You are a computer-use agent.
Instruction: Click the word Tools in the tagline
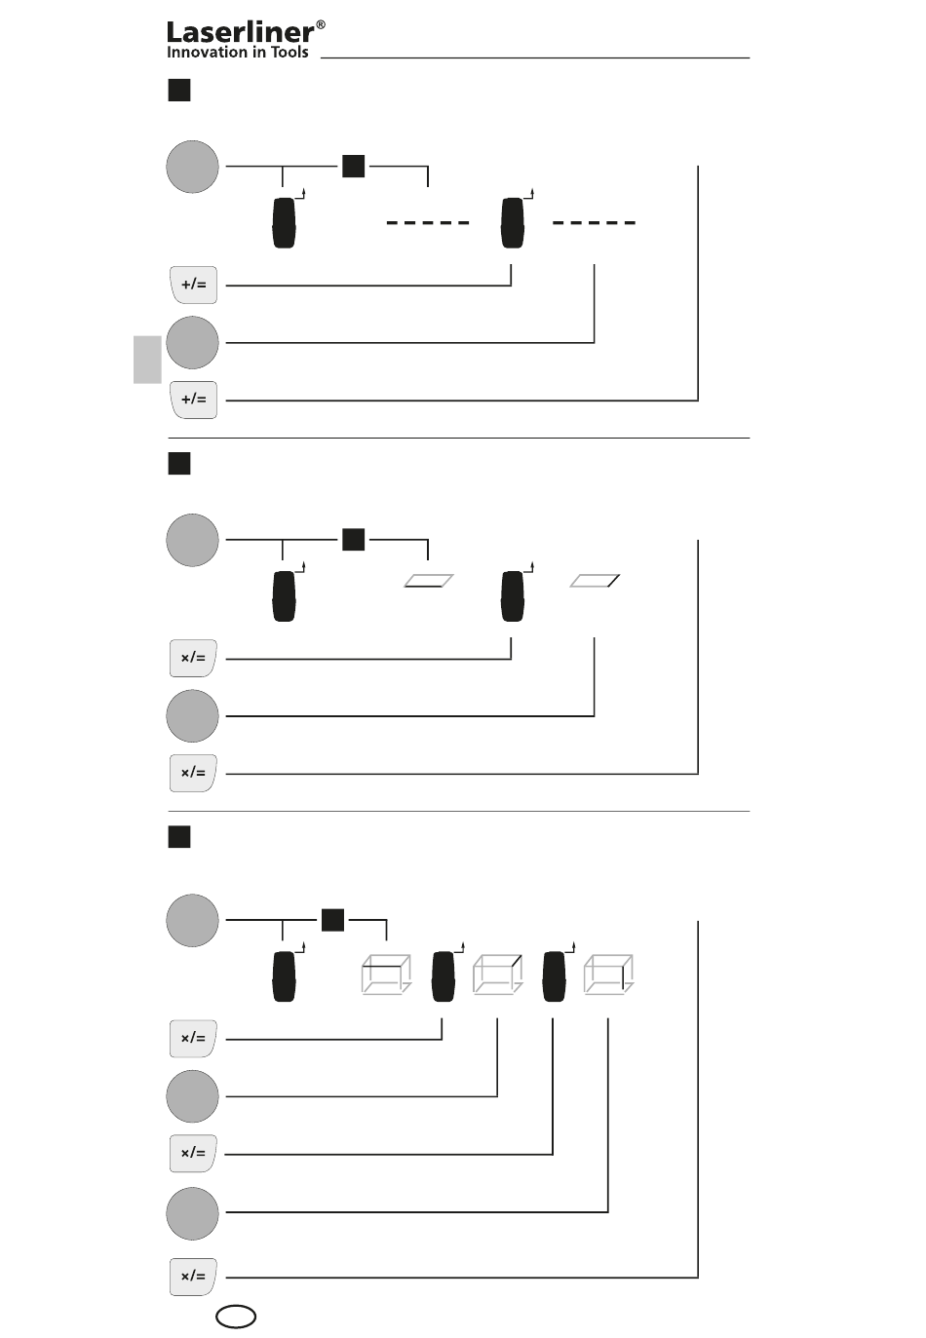pyautogui.click(x=289, y=53)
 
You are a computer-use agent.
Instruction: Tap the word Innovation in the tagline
pyautogui.click(x=207, y=53)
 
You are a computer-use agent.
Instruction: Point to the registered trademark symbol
pyautogui.click(x=321, y=24)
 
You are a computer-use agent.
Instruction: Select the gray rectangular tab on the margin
pyautogui.click(x=147, y=360)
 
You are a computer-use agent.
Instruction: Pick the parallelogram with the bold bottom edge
pyautogui.click(x=428, y=581)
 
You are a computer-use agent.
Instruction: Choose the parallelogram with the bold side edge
pyautogui.click(x=595, y=581)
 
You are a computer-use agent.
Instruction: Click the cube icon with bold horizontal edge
pyautogui.click(x=387, y=975)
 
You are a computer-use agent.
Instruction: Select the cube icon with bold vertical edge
pyautogui.click(x=608, y=975)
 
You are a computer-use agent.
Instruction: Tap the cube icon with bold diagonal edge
pyautogui.click(x=498, y=975)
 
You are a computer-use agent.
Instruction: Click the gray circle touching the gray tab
pyautogui.click(x=192, y=343)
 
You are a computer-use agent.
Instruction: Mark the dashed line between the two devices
pyautogui.click(x=428, y=223)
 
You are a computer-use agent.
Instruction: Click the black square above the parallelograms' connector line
pyautogui.click(x=354, y=539)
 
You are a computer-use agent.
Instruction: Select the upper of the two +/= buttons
pyautogui.click(x=194, y=285)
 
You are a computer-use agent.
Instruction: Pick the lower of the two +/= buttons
pyautogui.click(x=194, y=400)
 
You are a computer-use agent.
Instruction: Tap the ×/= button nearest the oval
pyautogui.click(x=194, y=1277)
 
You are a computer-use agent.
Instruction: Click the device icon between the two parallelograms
pyautogui.click(x=513, y=596)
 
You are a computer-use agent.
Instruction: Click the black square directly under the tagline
pyautogui.click(x=179, y=91)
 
